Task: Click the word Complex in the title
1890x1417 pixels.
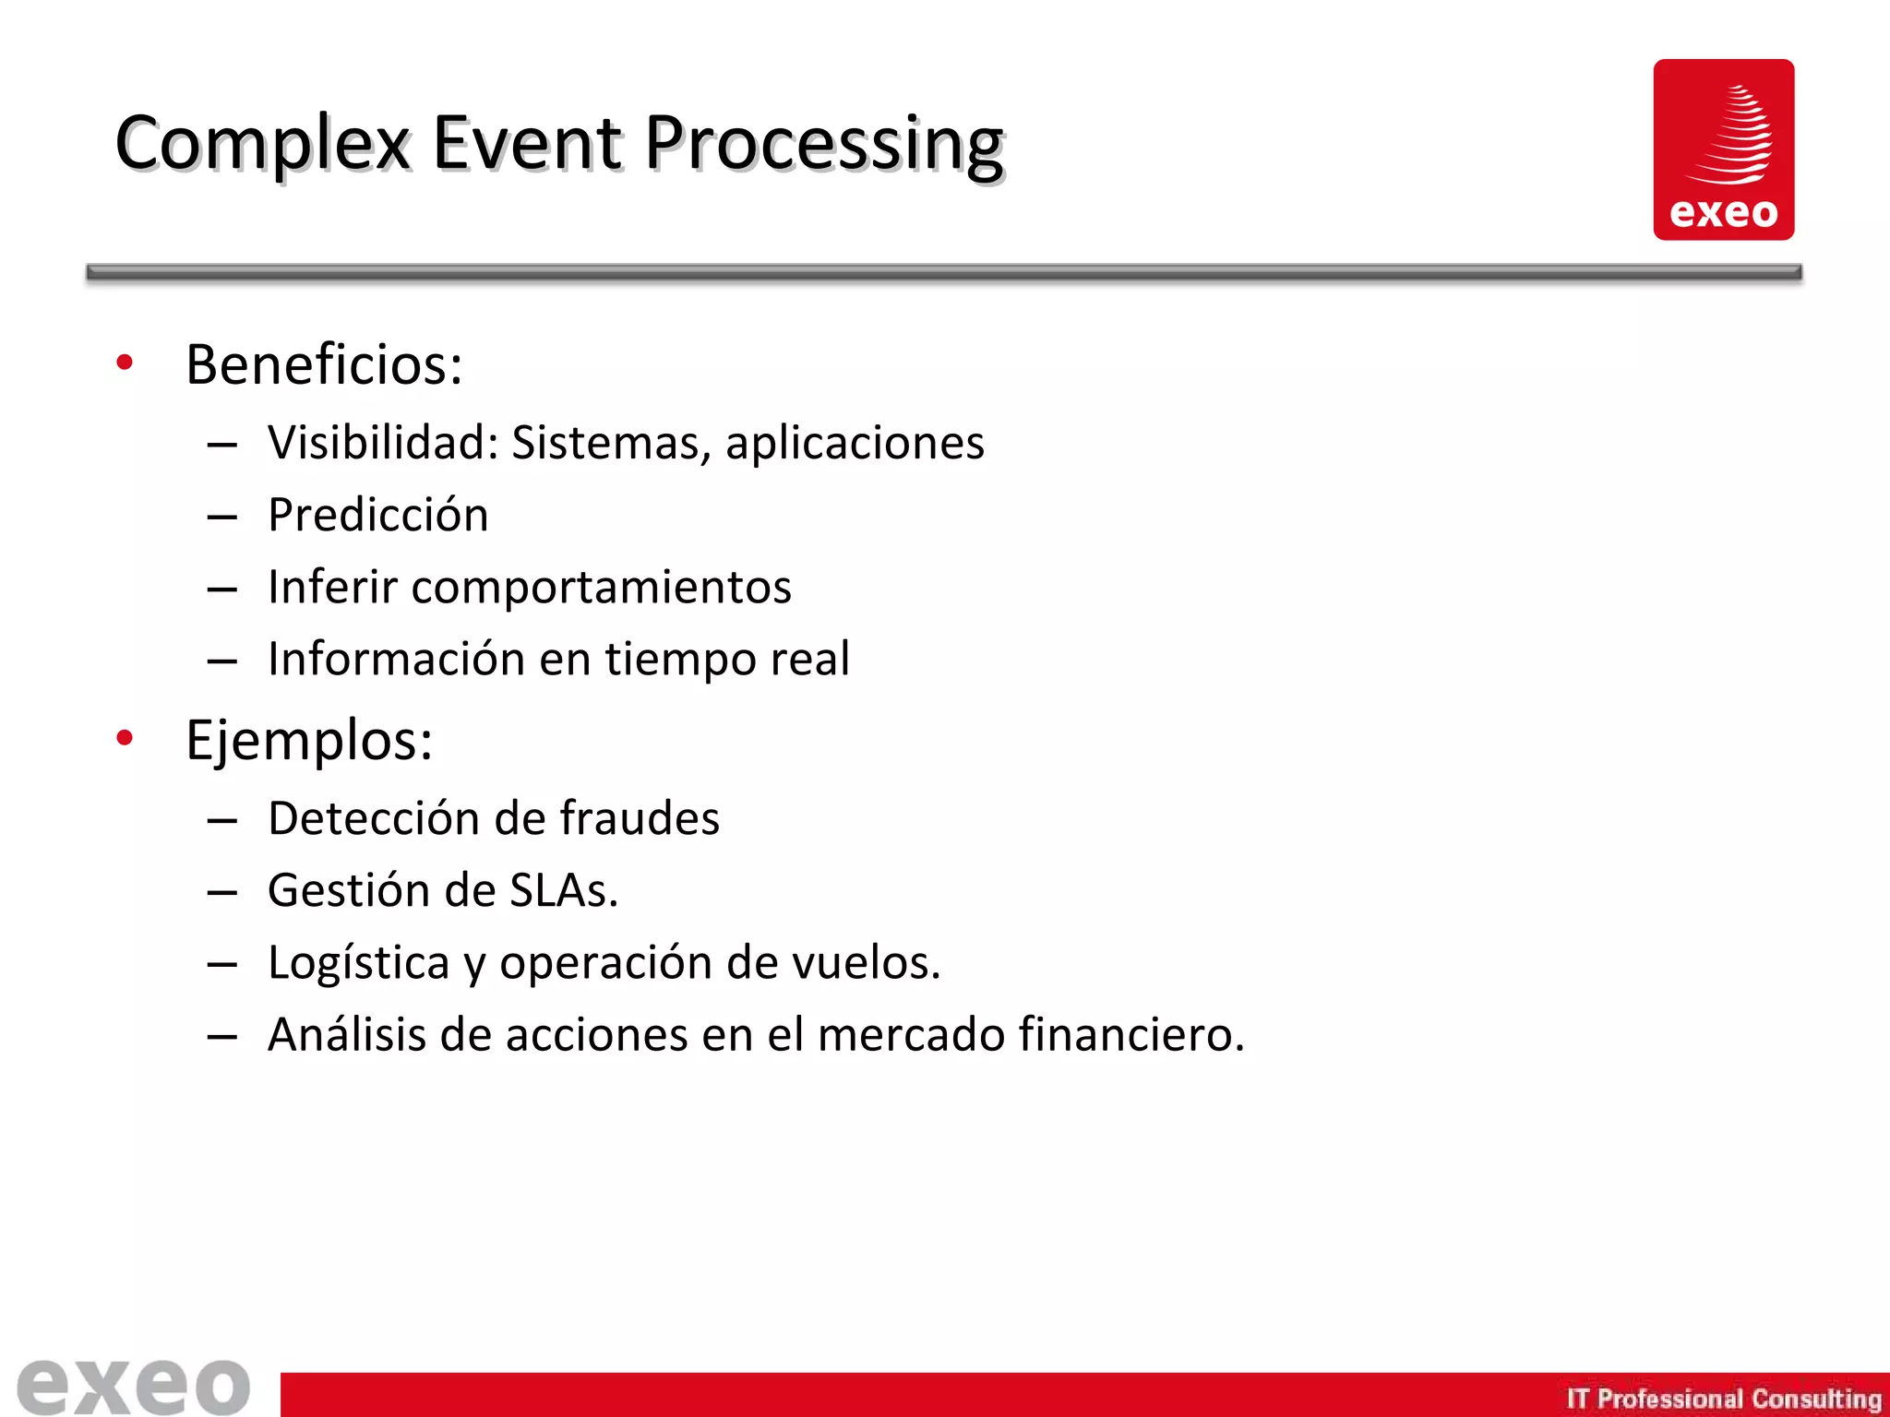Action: (262, 144)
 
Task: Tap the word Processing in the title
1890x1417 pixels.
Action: (823, 144)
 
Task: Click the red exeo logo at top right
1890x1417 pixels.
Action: (1723, 149)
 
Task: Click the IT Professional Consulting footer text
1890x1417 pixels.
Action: (1723, 1399)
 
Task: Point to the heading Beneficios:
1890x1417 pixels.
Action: (324, 364)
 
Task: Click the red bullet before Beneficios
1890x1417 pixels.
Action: (125, 363)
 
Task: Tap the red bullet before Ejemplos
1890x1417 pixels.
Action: (125, 737)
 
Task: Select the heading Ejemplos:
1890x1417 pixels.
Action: (309, 741)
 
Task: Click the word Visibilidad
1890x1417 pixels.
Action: (383, 442)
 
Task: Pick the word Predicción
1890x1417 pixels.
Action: (378, 515)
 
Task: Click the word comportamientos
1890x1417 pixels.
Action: (601, 588)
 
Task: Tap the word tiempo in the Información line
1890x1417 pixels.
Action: (680, 660)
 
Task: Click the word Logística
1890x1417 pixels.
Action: (358, 963)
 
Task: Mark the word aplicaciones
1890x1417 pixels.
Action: (855, 444)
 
